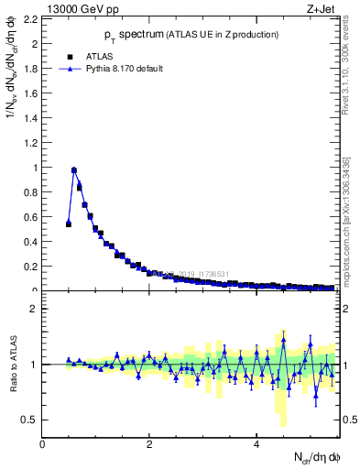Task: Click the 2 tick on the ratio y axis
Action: coord(34,309)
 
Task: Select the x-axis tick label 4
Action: coord(256,445)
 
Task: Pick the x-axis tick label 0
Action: coord(42,445)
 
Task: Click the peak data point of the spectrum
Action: coord(74,170)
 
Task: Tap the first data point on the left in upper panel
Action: coord(69,224)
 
